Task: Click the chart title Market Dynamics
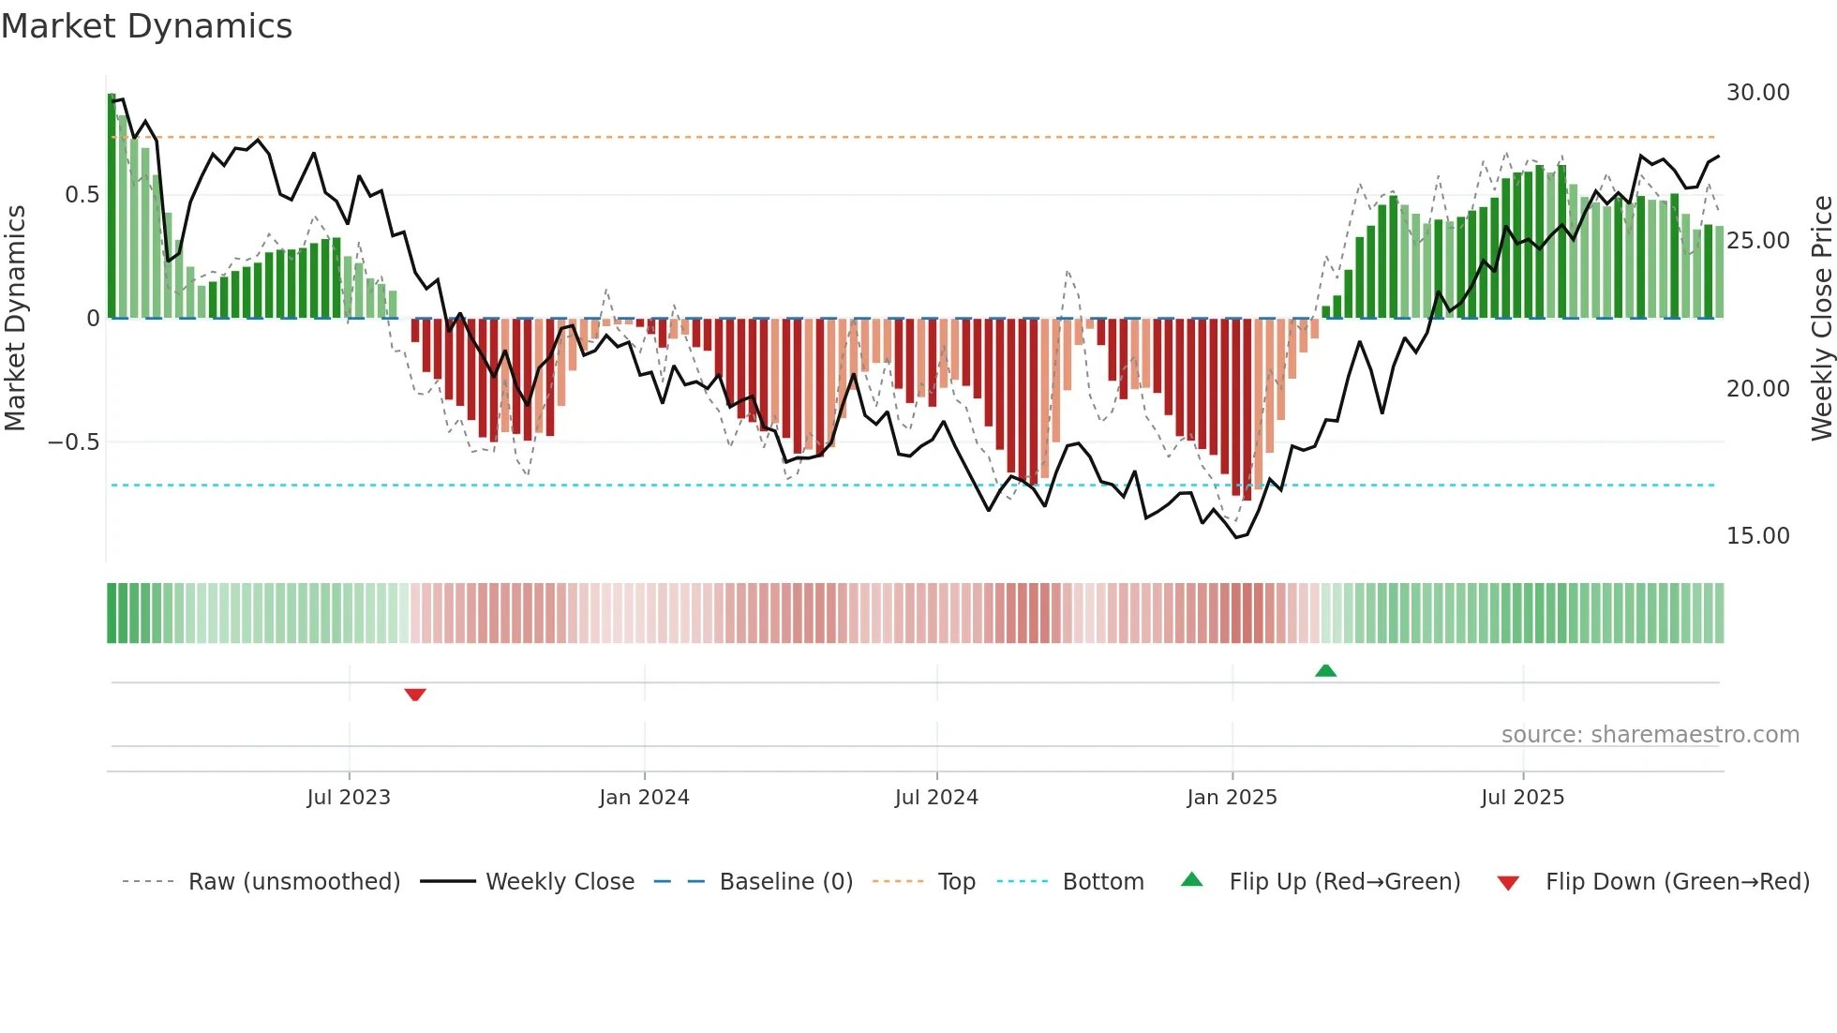[x=146, y=26]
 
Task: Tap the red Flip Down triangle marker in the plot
[x=415, y=695]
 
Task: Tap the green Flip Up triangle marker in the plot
[x=1325, y=670]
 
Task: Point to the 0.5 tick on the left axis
[x=82, y=195]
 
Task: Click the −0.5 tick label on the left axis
[x=74, y=442]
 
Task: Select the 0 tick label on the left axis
[x=93, y=319]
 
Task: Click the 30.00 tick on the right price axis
[x=1757, y=93]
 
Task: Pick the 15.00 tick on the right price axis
[x=1757, y=536]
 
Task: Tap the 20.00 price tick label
[x=1757, y=388]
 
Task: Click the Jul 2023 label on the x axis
[x=349, y=798]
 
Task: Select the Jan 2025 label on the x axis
[x=1232, y=798]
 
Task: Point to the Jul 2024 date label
[x=936, y=798]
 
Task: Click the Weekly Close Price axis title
[x=1821, y=319]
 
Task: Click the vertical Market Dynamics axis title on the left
[x=16, y=319]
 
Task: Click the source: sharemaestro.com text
[x=1650, y=735]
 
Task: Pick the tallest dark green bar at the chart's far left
[x=112, y=206]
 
